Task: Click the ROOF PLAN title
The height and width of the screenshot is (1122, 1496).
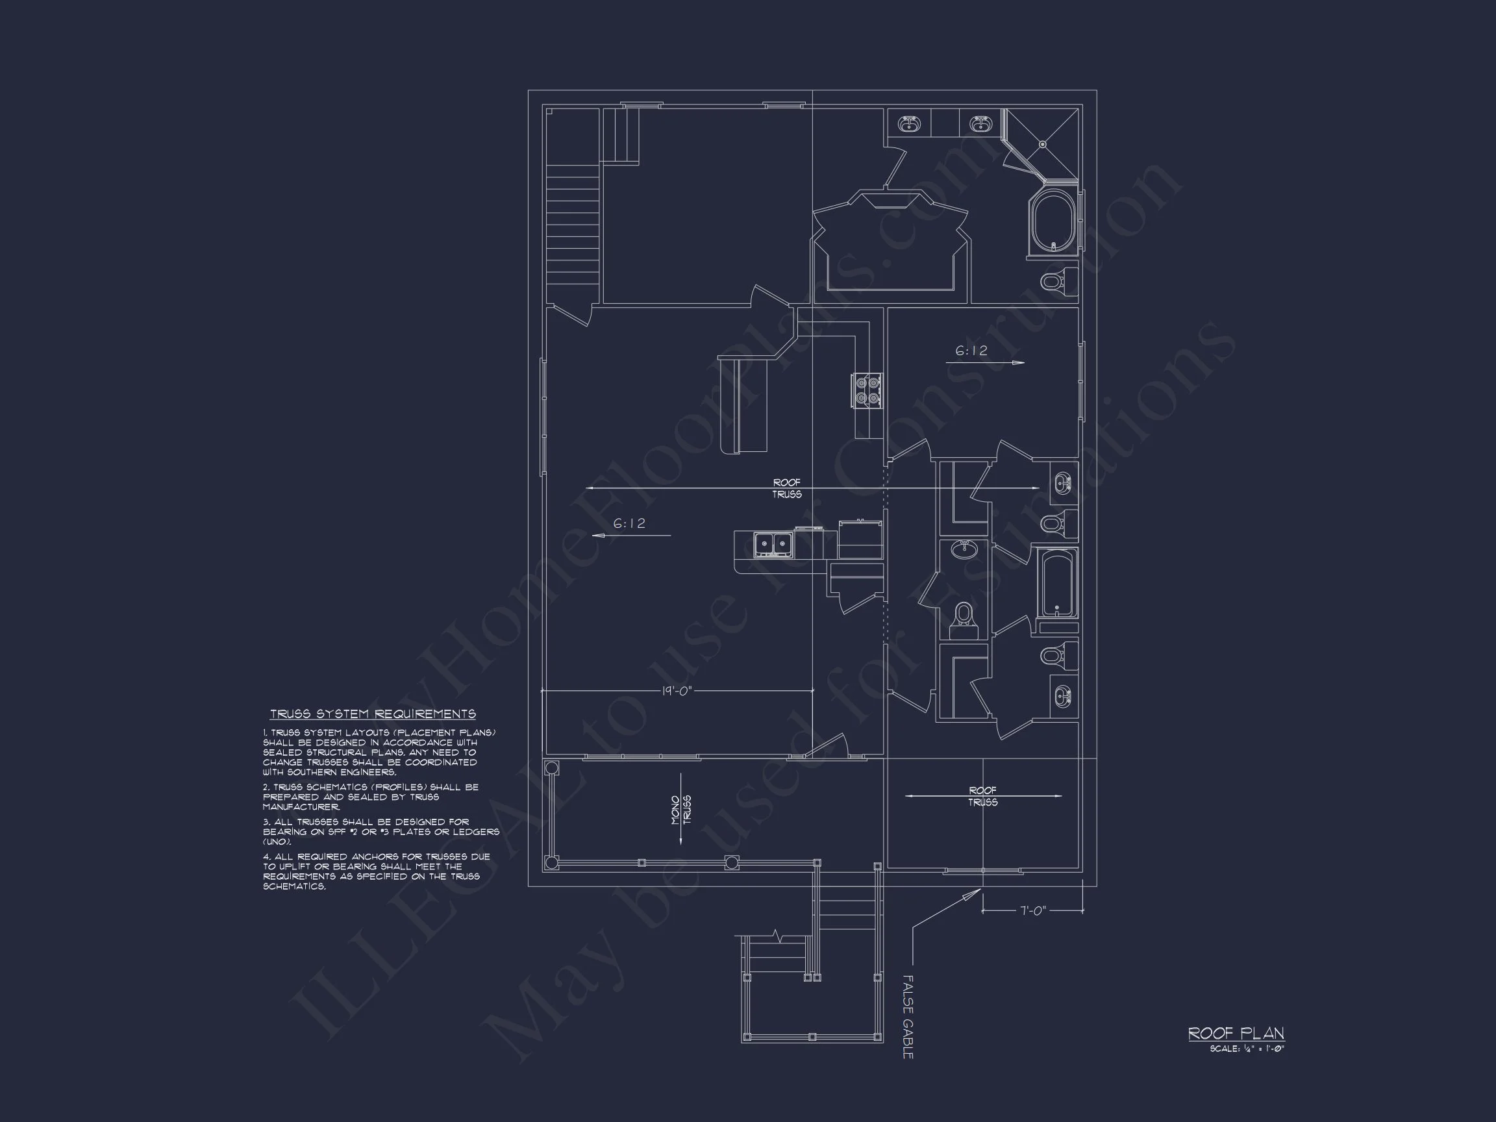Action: point(1236,1033)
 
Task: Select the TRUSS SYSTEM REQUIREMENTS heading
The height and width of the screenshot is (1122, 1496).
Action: point(373,714)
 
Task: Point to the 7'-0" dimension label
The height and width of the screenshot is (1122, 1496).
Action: point(1033,910)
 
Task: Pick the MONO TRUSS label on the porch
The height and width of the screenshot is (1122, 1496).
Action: point(680,809)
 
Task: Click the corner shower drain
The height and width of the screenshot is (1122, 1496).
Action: point(1043,144)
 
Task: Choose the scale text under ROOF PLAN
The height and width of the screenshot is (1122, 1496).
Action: point(1247,1049)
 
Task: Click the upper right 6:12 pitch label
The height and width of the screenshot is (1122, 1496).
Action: point(971,351)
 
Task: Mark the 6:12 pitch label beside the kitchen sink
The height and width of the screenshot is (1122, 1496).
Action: point(629,523)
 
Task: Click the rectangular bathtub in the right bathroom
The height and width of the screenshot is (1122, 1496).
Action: point(1058,582)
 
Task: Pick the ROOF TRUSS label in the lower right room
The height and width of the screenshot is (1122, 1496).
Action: point(982,796)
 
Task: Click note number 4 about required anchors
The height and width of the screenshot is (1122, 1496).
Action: point(376,871)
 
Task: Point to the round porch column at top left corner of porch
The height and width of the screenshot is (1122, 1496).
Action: point(552,767)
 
